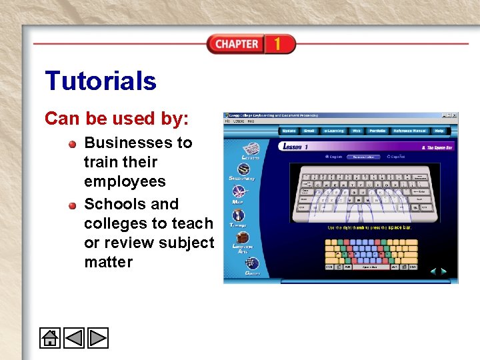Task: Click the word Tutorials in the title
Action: pos(101,81)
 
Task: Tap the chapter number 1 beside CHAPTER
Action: pos(277,44)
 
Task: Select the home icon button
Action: pos(50,338)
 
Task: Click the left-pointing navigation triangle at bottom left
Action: pos(74,338)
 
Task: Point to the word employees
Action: pos(125,181)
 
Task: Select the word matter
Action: pos(108,262)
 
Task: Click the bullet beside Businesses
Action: pos(72,143)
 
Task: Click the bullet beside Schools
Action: pos(72,205)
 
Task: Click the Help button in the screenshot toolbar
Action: pos(439,131)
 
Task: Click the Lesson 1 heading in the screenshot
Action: pos(295,146)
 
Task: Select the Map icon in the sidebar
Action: pos(240,192)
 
